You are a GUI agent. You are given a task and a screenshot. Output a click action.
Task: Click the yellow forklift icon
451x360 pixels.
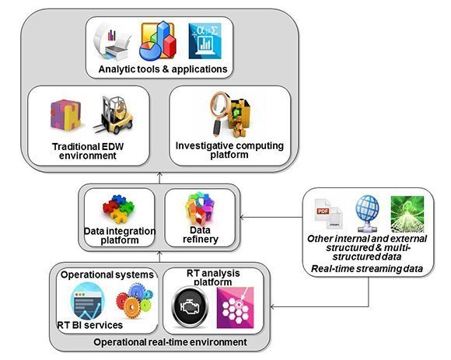[114, 115]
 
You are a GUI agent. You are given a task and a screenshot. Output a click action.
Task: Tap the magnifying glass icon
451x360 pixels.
[221, 113]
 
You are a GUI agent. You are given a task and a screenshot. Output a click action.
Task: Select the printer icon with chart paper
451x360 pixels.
[112, 41]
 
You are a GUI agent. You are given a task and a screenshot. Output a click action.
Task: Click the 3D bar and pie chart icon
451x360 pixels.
[158, 40]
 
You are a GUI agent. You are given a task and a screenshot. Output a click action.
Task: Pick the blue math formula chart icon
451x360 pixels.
[205, 41]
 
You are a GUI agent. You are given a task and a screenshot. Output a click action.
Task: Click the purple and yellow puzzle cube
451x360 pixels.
[66, 114]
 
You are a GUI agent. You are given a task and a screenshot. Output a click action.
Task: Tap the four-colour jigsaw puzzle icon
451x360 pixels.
[119, 208]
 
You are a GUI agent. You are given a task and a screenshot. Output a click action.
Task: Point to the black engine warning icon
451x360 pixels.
[190, 307]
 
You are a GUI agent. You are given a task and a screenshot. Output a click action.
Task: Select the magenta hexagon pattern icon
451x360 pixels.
[236, 308]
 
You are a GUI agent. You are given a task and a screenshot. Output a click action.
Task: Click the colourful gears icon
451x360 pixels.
[135, 300]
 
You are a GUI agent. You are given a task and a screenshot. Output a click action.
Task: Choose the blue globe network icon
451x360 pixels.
[367, 213]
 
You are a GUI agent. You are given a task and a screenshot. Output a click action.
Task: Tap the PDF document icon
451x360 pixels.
[329, 213]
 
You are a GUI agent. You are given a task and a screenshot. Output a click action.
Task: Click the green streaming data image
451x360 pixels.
[407, 214]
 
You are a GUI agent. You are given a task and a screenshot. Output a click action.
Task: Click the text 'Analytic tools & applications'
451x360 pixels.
[163, 69]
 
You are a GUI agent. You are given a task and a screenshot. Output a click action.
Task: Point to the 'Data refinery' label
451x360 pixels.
[201, 235]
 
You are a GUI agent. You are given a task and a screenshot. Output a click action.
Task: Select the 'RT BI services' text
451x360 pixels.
[90, 325]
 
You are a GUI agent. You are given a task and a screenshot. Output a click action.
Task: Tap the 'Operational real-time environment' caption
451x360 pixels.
[170, 342]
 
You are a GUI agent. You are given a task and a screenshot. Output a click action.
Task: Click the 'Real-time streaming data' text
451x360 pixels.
[367, 269]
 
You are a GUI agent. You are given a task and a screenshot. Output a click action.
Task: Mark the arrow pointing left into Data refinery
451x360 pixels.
[271, 218]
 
